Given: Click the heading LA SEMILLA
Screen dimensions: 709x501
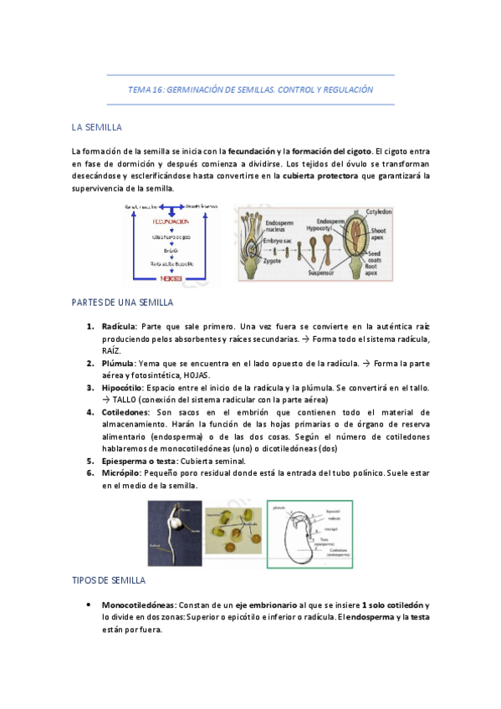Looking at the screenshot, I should click(x=97, y=127).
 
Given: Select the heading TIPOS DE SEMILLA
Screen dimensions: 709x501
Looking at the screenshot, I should click(x=109, y=579).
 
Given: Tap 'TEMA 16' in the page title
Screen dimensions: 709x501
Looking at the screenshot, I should click(x=145, y=89).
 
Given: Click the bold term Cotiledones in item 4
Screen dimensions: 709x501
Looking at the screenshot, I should click(x=125, y=412).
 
